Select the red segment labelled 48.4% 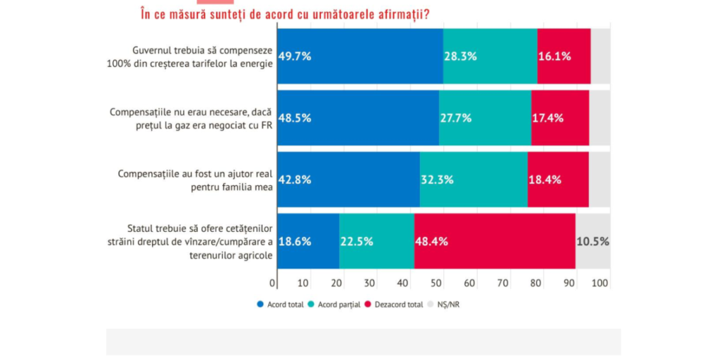[x=494, y=241]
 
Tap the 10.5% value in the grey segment [x=592, y=241]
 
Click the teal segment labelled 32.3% [x=473, y=180]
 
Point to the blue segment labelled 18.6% [x=308, y=241]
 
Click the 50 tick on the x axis [x=437, y=284]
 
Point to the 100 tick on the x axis [x=600, y=284]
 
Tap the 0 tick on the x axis [x=273, y=284]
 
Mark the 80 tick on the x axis [x=535, y=284]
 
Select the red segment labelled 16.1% [x=564, y=57]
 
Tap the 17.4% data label [x=549, y=118]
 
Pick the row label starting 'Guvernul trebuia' [x=201, y=57]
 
